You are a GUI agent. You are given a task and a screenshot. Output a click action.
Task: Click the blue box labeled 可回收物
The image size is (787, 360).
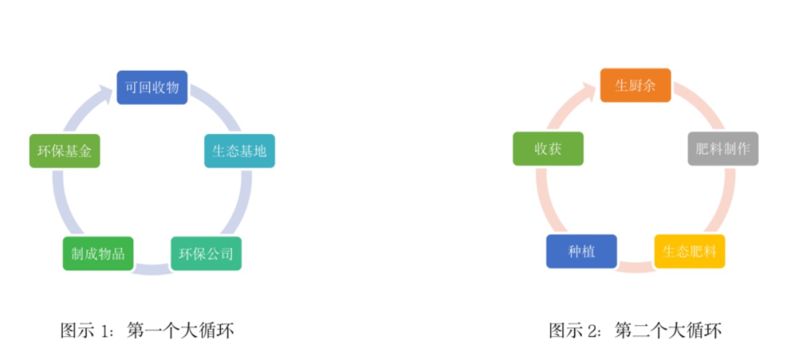pyautogui.click(x=152, y=87)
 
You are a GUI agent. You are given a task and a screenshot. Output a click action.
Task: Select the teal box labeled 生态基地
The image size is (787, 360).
pyautogui.click(x=240, y=151)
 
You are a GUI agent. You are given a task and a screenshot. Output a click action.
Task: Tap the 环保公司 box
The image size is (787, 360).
pyautogui.click(x=206, y=254)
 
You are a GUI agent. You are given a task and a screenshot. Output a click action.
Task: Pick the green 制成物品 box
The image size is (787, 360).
pyautogui.click(x=98, y=254)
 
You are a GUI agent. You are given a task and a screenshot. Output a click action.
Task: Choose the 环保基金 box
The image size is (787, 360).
pyautogui.click(x=64, y=151)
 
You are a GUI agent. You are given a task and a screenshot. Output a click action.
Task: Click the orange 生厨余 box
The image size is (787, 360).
pyautogui.click(x=635, y=85)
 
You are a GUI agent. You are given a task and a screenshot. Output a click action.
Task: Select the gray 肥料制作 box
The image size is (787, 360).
pyautogui.click(x=723, y=149)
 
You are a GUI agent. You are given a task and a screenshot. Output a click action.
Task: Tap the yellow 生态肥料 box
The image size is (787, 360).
pyautogui.click(x=689, y=251)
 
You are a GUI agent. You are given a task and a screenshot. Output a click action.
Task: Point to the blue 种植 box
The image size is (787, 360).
pyautogui.click(x=582, y=251)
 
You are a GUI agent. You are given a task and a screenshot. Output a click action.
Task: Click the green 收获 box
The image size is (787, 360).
pyautogui.click(x=548, y=149)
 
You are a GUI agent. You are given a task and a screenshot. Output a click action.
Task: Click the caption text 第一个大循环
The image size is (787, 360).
pyautogui.click(x=181, y=331)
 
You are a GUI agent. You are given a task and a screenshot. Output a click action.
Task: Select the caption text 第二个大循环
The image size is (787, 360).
pyautogui.click(x=668, y=331)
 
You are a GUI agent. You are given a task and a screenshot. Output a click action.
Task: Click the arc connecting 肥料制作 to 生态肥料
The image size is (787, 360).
pyautogui.click(x=722, y=204)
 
